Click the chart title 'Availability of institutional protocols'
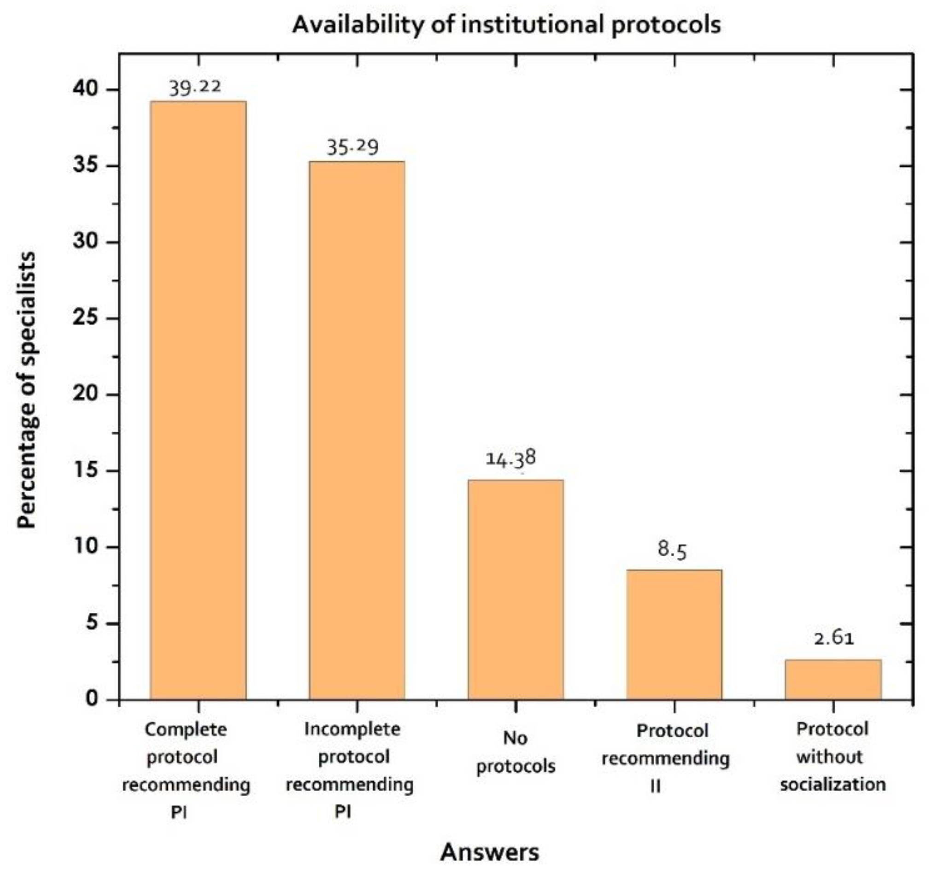pos(506,24)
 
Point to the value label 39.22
pos(194,87)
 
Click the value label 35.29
pos(352,148)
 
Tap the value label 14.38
pos(510,458)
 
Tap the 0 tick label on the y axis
pos(92,699)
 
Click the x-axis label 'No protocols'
pos(516,752)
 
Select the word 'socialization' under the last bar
pos(833,785)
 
